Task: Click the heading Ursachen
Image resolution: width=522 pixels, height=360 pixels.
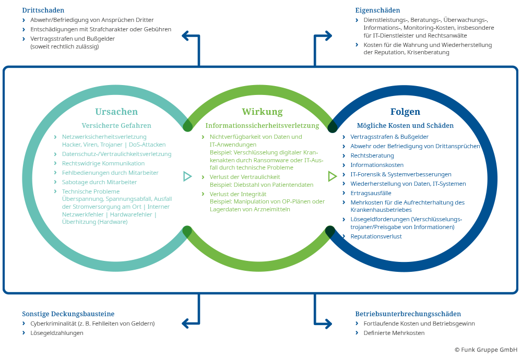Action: coord(116,112)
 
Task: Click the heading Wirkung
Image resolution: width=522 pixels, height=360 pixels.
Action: coord(262,112)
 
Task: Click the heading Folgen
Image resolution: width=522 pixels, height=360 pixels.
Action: coord(405,112)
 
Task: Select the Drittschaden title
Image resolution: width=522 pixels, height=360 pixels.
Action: coord(43,10)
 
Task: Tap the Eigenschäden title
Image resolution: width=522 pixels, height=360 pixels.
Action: coord(377,10)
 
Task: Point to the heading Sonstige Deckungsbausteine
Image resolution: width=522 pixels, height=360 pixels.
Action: coord(68,314)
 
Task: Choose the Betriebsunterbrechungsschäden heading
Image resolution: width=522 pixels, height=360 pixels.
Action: coord(408,314)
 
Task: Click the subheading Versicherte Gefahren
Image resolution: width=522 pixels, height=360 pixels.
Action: coord(116,126)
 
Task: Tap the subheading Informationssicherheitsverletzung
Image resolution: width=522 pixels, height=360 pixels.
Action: coord(262,126)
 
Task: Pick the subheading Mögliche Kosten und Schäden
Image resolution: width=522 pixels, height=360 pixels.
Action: coord(405,126)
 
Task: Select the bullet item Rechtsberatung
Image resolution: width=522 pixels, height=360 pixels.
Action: coord(372,155)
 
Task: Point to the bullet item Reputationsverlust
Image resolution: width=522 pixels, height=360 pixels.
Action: coord(376,236)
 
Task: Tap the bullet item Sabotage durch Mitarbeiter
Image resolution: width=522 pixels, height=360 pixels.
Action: coord(99,182)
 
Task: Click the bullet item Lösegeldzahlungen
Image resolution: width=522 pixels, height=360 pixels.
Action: coord(57,333)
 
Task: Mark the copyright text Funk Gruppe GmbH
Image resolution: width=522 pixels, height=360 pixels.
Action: coord(486,350)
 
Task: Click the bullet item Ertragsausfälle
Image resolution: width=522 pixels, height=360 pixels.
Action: coord(371,193)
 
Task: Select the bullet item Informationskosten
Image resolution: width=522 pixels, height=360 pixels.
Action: coord(377,165)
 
